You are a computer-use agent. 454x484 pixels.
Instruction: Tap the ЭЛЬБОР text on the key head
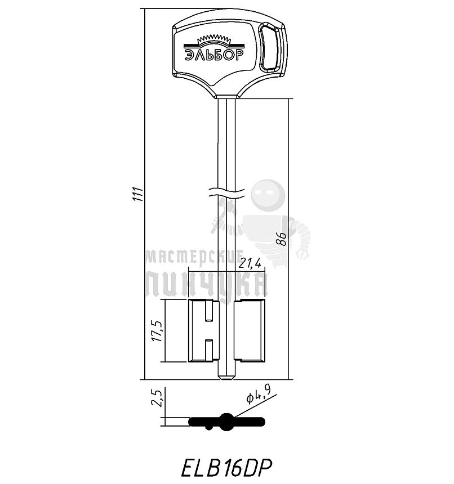pyautogui.click(x=212, y=55)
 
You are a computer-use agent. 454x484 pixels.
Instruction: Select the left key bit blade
pyautogui.click(x=202, y=331)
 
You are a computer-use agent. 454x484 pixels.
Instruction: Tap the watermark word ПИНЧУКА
pyautogui.click(x=206, y=285)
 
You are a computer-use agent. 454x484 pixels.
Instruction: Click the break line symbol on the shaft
pyautogui.click(x=226, y=192)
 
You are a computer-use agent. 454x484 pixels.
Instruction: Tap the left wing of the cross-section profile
pyautogui.click(x=203, y=421)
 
